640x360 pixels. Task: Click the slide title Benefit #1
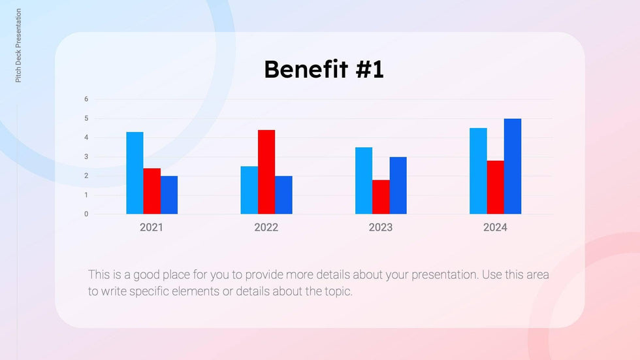pos(324,69)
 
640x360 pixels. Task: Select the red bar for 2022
pos(266,172)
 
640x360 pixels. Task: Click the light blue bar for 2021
pos(135,173)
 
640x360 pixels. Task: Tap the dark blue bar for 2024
pos(513,166)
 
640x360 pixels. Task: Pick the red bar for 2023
pos(381,197)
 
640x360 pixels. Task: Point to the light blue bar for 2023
pos(364,180)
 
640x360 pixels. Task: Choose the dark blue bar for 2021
pos(169,195)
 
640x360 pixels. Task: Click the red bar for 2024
pos(496,187)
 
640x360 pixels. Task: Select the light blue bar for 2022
pos(249,190)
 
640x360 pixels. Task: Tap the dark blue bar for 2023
pos(398,186)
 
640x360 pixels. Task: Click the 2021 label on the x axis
pos(152,227)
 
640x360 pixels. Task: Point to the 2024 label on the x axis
pos(495,227)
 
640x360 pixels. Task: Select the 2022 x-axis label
pos(266,227)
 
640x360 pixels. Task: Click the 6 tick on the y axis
pos(86,99)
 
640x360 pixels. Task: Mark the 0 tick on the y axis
pos(86,214)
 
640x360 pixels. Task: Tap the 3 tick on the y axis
pos(86,157)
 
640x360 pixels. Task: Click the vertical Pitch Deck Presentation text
pos(18,46)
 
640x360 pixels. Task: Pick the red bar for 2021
pos(152,191)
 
